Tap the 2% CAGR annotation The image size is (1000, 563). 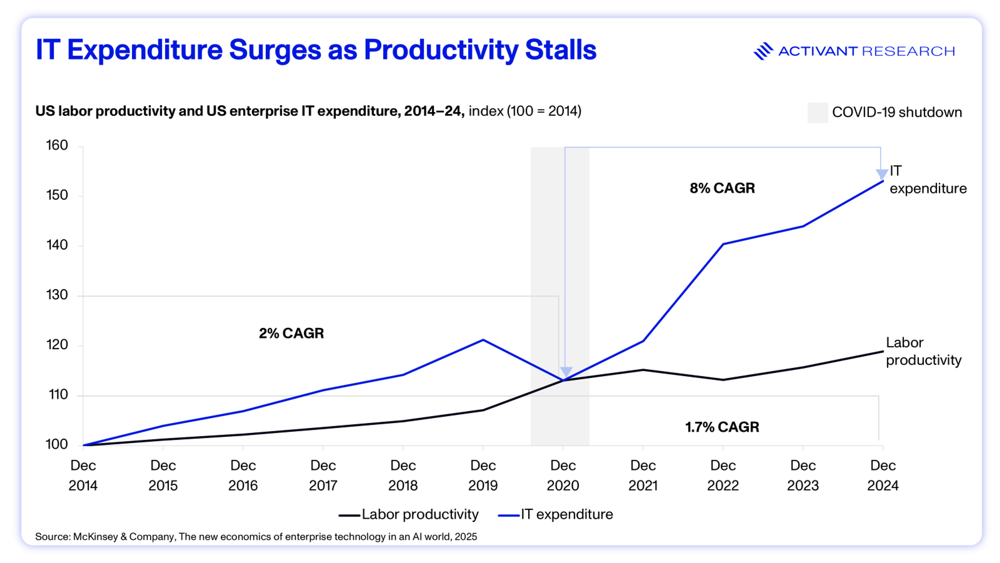click(291, 333)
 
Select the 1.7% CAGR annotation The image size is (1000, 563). click(722, 427)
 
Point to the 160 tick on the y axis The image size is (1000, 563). click(57, 145)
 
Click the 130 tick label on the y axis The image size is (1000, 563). click(57, 295)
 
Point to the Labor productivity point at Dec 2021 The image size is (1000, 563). click(643, 370)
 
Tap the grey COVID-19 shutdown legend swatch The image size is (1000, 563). click(817, 113)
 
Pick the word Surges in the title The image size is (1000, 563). click(275, 51)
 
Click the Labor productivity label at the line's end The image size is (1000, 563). click(923, 351)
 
